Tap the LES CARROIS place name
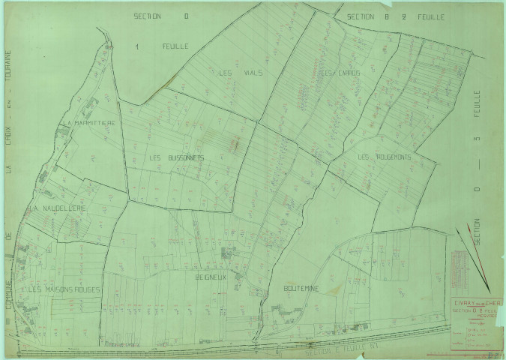point(340,73)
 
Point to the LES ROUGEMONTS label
point(385,157)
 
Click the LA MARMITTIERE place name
point(88,122)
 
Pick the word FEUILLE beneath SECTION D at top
point(175,46)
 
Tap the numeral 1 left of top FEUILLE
point(137,46)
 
